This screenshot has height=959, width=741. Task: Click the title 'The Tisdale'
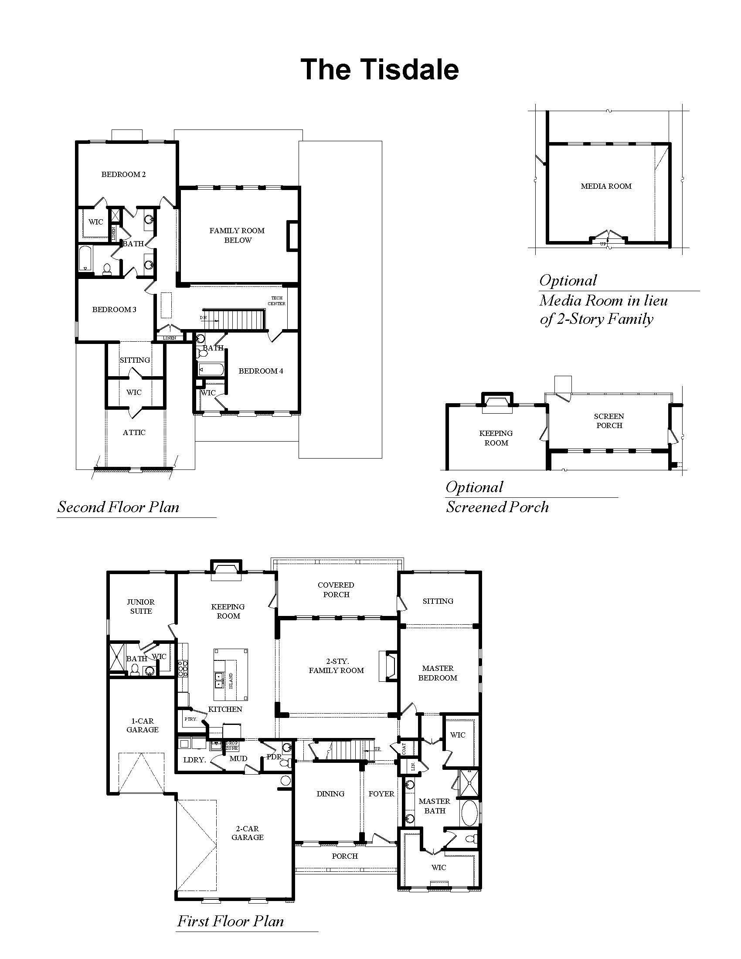coord(379,69)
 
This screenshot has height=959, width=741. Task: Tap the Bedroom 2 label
coord(123,174)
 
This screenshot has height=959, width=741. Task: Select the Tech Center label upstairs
coord(276,301)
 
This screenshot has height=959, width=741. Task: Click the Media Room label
coord(606,186)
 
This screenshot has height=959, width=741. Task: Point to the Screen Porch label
coord(609,421)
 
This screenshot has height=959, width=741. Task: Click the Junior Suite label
coord(141,606)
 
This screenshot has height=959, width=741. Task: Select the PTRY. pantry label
coord(190,719)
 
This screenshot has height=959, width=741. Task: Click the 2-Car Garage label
coord(248,833)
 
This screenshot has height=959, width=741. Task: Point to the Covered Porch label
coord(336,589)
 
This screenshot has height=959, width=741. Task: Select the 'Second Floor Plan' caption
coord(119,507)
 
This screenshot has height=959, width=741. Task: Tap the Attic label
coord(134,432)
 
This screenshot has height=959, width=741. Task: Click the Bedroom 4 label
coord(261,371)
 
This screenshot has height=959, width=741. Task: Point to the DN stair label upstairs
coord(203,317)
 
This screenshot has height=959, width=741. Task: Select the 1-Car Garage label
coord(142,725)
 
